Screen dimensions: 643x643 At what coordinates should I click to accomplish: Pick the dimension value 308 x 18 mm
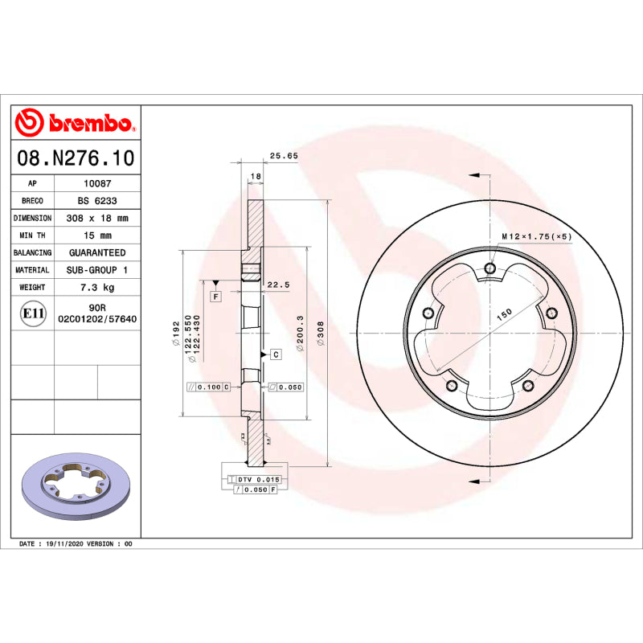click(97, 218)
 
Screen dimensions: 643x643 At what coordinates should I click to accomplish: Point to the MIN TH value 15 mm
click(97, 235)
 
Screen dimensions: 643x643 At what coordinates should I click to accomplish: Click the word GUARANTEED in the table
click(97, 252)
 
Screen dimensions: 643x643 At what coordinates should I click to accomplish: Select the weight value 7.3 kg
click(97, 287)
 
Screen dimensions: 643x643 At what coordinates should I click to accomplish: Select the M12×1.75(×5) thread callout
click(536, 236)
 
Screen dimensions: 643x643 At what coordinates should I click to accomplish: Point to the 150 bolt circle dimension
click(504, 316)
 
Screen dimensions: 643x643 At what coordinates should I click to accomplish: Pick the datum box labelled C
click(275, 354)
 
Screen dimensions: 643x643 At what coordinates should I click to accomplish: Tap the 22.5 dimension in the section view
click(278, 285)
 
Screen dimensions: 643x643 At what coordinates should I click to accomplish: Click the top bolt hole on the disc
click(489, 269)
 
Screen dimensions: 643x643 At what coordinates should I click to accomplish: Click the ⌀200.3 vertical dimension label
click(301, 330)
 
